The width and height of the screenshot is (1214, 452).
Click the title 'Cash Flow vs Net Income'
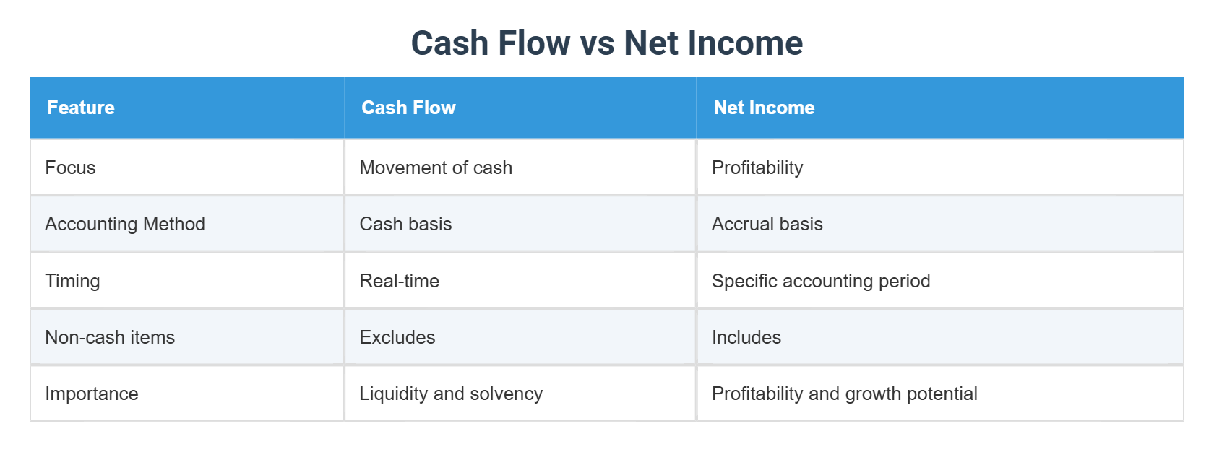tap(606, 43)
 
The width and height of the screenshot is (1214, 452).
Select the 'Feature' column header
tap(81, 108)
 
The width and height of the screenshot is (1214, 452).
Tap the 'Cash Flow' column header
tap(408, 108)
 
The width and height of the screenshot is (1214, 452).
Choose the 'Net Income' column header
tap(764, 108)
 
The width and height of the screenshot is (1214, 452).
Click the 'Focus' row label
tap(70, 168)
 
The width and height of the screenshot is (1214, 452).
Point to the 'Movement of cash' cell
tap(436, 168)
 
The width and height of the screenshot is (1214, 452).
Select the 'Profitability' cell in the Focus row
tap(757, 168)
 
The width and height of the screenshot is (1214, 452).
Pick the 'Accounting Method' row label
tap(125, 224)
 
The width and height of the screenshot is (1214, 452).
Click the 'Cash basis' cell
tap(405, 224)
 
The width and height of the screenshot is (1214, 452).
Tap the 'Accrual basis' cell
tap(767, 224)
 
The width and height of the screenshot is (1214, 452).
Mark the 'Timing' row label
tap(72, 281)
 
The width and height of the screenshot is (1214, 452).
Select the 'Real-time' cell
tap(400, 281)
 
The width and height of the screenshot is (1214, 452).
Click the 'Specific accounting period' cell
tap(821, 281)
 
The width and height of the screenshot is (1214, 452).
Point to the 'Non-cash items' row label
tap(110, 337)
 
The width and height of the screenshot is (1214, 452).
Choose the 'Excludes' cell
tap(397, 337)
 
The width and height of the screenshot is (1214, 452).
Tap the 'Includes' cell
tap(746, 337)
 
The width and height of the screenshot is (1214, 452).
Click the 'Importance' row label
tap(92, 394)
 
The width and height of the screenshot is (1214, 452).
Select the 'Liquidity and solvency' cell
tap(451, 394)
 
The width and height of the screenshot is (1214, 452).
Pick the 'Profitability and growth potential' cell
tap(845, 394)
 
